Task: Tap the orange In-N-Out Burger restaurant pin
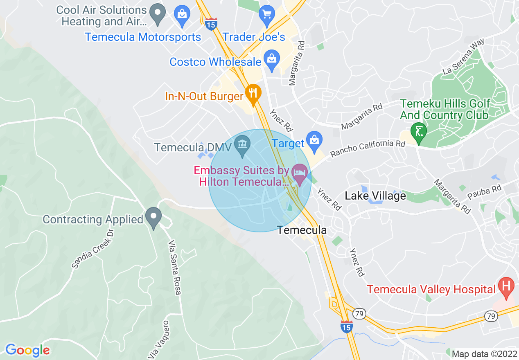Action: (x=253, y=94)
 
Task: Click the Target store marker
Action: (x=314, y=140)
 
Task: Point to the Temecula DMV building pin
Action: (x=242, y=146)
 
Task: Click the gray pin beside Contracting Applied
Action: (x=153, y=217)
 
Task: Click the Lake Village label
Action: (x=375, y=196)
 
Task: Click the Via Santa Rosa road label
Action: (x=174, y=268)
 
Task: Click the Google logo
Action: (x=27, y=350)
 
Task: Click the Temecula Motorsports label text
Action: (x=143, y=37)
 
